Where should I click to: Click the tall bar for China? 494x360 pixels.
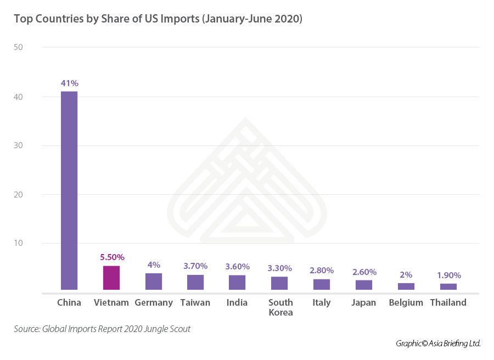coord(69,190)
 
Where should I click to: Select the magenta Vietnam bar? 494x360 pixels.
coord(111,278)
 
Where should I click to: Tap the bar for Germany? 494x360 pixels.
coord(154,281)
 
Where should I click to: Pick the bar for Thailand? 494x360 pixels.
coord(448,286)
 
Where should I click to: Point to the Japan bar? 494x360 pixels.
coord(364,285)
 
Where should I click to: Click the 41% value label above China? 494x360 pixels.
coord(70,83)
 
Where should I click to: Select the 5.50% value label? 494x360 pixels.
coord(112,257)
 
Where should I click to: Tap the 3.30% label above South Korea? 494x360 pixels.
coord(279,268)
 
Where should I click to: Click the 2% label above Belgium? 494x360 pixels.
coord(406,274)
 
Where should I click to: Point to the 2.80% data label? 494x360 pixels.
coord(322,271)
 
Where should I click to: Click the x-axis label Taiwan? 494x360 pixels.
coord(195,302)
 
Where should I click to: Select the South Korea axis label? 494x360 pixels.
coord(280,307)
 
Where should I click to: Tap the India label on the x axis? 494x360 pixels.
coord(237,302)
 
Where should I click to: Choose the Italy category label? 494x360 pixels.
coord(322,302)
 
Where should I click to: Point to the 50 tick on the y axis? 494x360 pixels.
coord(18,47)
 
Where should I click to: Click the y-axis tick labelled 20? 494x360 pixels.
coord(18,194)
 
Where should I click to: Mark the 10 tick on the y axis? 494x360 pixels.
coord(18,243)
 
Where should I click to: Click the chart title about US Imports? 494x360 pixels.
coord(158,19)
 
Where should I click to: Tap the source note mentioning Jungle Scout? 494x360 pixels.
coord(102,329)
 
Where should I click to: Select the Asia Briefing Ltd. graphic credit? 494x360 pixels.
coord(438,344)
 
